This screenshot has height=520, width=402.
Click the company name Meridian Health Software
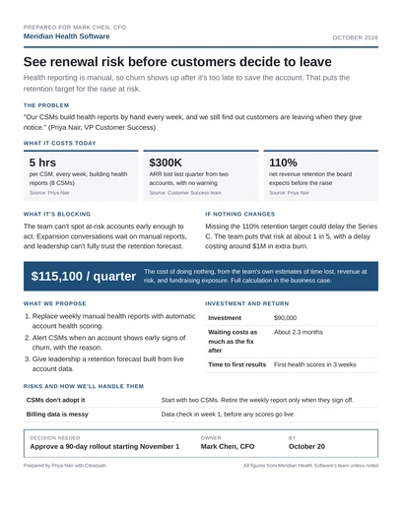coord(66,36)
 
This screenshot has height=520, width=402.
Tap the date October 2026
coord(356,37)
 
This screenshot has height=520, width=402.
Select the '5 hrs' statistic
coord(42,162)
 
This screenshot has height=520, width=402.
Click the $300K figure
coord(166,162)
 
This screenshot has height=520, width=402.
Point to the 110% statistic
coord(283,162)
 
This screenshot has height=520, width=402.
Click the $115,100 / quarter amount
coord(84,276)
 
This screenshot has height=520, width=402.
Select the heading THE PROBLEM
coord(46,105)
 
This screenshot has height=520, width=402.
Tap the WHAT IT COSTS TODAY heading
coord(60,143)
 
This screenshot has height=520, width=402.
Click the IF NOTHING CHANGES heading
coord(239,215)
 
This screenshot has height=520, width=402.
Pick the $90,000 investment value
coord(286,318)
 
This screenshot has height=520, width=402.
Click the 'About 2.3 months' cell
coord(299,332)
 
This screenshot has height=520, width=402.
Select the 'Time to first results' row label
coord(237,364)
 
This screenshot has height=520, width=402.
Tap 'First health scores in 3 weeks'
coord(314,364)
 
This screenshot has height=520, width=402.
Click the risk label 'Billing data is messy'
coord(57,415)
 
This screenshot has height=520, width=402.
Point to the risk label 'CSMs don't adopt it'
coord(56,400)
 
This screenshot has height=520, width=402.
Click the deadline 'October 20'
coord(306,446)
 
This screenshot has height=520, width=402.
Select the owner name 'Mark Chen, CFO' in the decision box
coord(228,446)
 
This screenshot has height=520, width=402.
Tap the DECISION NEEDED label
coord(55,437)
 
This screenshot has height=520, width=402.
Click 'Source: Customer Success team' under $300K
coord(185,193)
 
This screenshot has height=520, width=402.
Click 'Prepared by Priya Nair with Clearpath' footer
coord(65,466)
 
